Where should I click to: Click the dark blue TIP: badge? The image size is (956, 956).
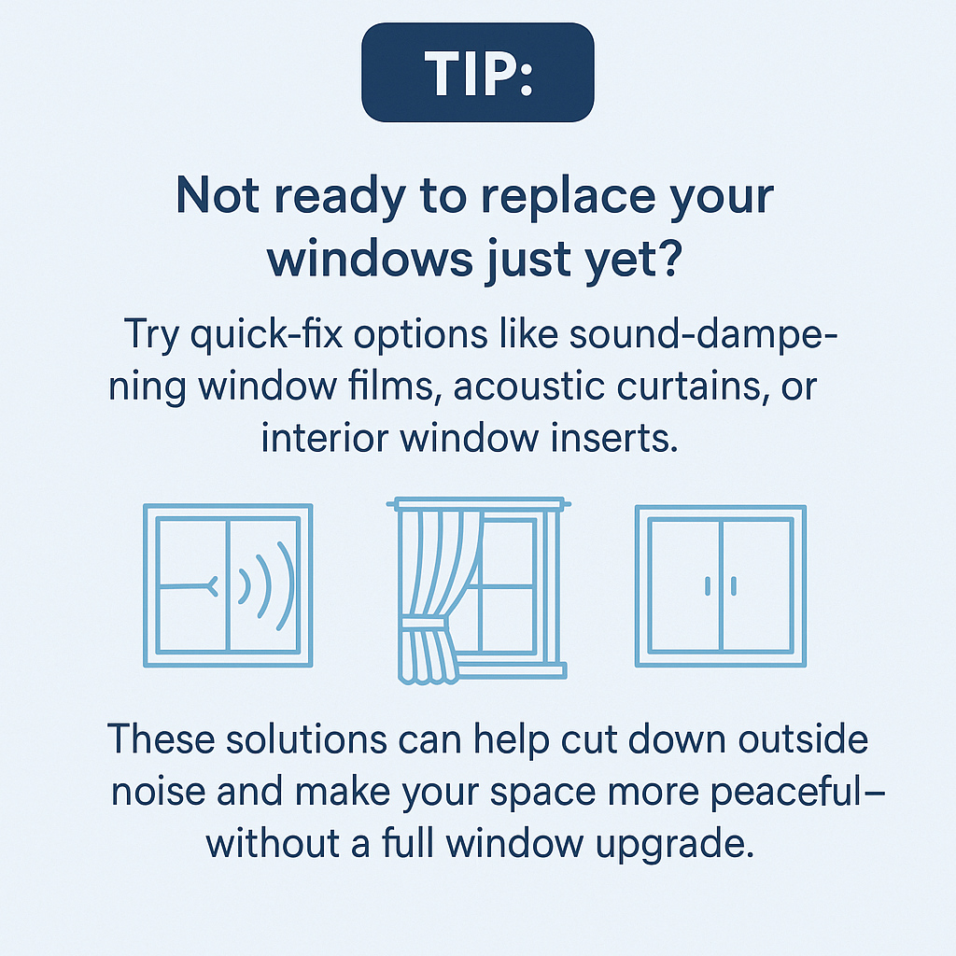[x=477, y=73]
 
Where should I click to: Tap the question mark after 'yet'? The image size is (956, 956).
[x=670, y=258]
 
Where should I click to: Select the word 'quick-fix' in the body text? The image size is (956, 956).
[x=266, y=335]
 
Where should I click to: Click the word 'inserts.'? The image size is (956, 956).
[x=614, y=438]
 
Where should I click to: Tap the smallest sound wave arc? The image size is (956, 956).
[x=246, y=586]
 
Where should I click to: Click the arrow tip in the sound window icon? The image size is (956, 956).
[x=213, y=586]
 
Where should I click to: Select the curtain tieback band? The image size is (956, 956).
[x=426, y=625]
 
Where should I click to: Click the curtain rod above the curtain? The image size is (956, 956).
[x=478, y=503]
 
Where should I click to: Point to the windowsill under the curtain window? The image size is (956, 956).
[x=511, y=670]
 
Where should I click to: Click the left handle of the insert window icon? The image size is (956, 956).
[x=708, y=586]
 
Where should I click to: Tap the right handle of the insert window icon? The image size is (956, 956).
[x=734, y=586]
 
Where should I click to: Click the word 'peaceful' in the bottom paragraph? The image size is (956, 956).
[x=790, y=792]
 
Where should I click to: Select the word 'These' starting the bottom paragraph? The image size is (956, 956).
[x=161, y=739]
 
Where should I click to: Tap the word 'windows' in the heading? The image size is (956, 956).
[x=370, y=259]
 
